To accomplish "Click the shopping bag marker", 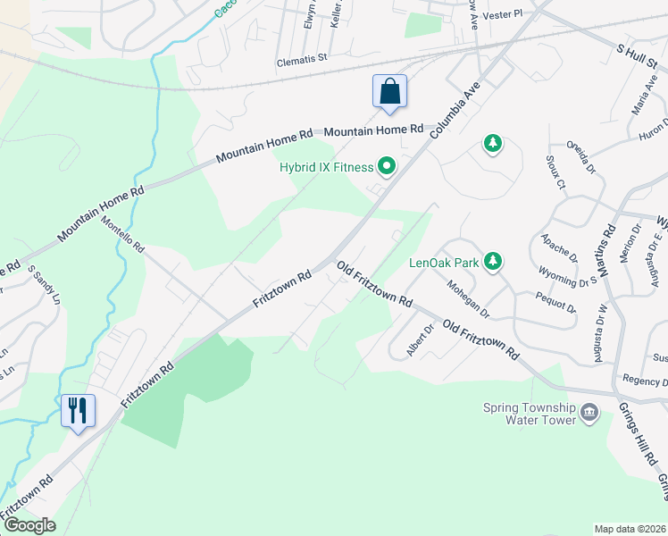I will [389, 92].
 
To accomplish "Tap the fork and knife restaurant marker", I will [78, 411].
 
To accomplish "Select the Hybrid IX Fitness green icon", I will [387, 165].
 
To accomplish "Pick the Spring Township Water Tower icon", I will [589, 412].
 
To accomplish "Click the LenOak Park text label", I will [443, 263].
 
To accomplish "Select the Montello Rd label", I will [122, 233].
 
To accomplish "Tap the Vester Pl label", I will [501, 15].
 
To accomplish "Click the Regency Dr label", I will [646, 381].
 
